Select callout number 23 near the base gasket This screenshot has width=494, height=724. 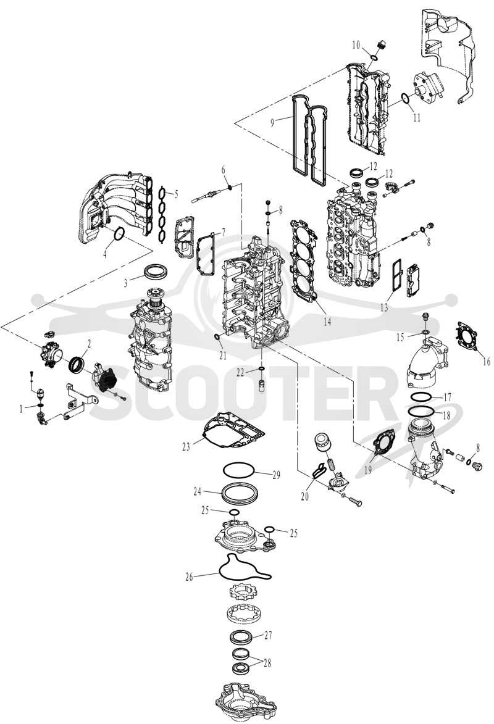click(186, 446)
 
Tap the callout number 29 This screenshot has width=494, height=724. click(276, 475)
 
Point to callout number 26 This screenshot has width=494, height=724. click(188, 576)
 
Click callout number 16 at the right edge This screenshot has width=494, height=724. click(486, 362)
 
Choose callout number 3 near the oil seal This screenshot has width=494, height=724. click(126, 283)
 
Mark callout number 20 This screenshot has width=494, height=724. click(304, 497)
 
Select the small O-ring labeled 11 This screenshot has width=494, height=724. click(405, 99)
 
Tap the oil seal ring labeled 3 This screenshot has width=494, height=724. click(157, 272)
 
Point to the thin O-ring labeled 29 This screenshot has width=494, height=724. click(238, 470)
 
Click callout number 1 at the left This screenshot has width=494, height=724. click(20, 408)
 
